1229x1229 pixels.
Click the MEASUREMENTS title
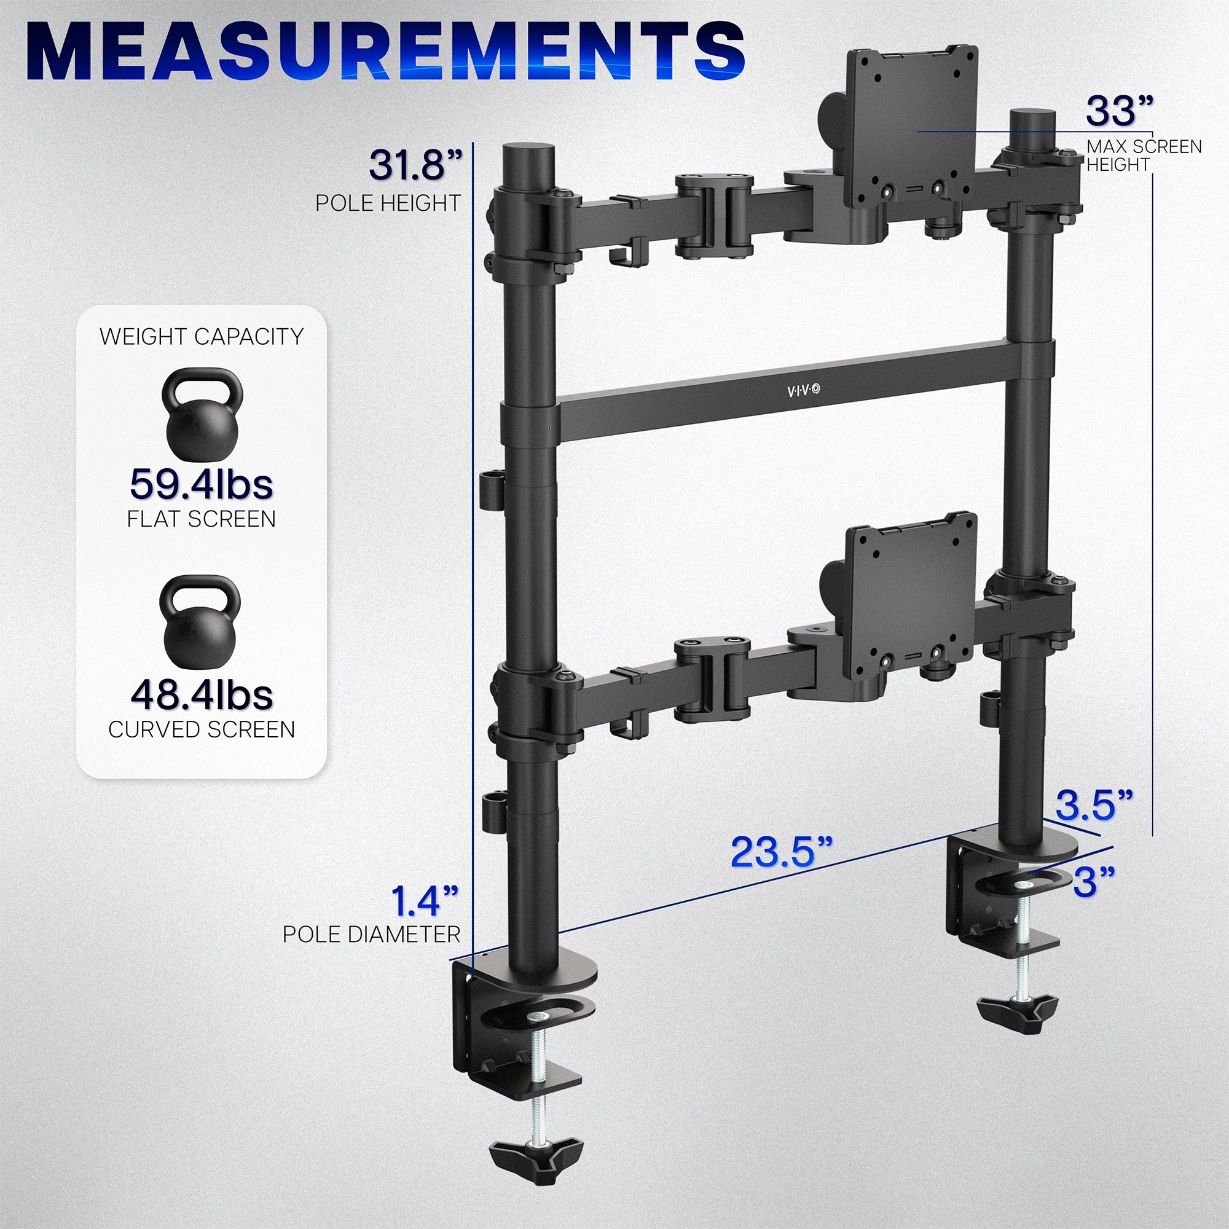click(x=385, y=51)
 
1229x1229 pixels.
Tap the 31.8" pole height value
click(x=415, y=165)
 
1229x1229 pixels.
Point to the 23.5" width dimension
click(x=781, y=852)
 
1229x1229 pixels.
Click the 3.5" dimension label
click(x=1094, y=806)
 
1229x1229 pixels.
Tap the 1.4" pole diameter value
click(x=423, y=900)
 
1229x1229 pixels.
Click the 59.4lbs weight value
click(x=201, y=485)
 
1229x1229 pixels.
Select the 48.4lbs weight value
click(x=201, y=694)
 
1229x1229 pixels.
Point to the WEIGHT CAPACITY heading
click(x=201, y=337)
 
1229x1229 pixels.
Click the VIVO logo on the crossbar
click(x=803, y=391)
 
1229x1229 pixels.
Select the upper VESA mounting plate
click(x=911, y=127)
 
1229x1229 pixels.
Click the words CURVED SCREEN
click(x=201, y=729)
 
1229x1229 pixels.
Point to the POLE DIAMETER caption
click(x=371, y=935)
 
